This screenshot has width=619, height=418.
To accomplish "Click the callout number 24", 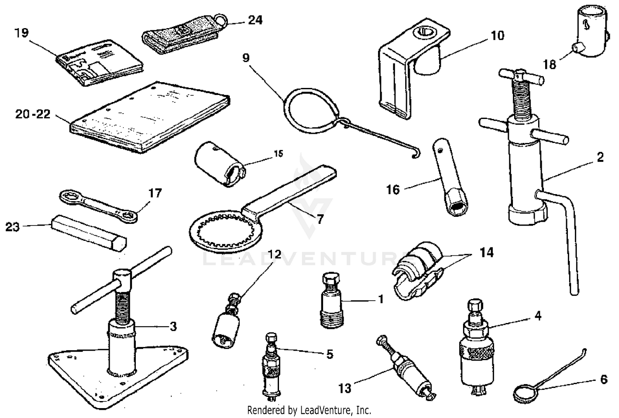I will coord(255,20).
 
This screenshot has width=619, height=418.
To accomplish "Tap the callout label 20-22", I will coord(33,114).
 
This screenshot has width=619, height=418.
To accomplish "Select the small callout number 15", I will coord(279,154).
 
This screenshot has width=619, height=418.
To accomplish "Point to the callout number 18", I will coord(549,64).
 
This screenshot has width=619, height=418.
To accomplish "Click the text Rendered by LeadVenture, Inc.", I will coord(309,410).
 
